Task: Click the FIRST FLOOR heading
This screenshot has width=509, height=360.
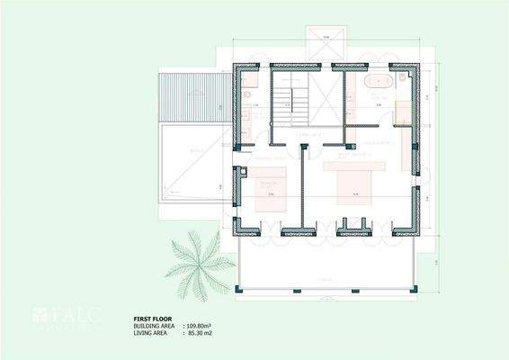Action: tap(153, 319)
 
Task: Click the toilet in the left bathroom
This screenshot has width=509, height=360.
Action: tap(246, 94)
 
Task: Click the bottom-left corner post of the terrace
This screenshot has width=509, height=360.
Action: tap(237, 290)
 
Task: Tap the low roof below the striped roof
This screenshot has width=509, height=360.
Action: tap(192, 162)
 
